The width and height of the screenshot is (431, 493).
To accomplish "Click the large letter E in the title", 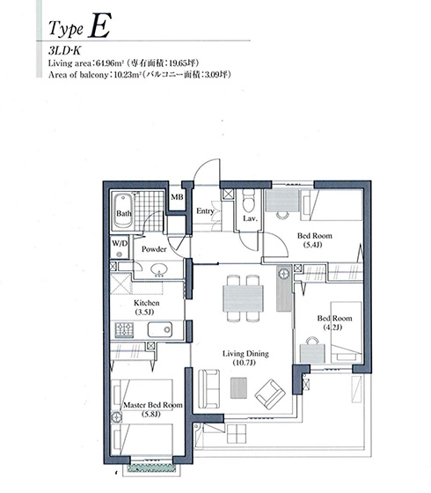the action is [x=99, y=26].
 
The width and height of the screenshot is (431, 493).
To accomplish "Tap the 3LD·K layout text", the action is [x=64, y=51].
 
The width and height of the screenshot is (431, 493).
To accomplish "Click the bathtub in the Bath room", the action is [x=123, y=210].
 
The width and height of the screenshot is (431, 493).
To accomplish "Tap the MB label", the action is [x=177, y=197].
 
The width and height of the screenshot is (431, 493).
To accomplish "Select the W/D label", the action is [x=120, y=243].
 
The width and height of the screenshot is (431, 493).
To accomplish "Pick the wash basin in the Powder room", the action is [x=158, y=269].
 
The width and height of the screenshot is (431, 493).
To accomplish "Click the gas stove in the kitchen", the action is [x=124, y=330].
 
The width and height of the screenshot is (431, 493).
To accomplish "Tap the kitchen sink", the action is [x=160, y=329].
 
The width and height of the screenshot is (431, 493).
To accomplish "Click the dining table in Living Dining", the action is [x=243, y=298].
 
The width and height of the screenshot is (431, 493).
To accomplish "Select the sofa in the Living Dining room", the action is [x=209, y=388].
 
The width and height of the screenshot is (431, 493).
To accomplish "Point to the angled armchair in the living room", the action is [x=270, y=394].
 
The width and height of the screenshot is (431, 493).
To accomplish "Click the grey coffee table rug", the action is [x=238, y=388].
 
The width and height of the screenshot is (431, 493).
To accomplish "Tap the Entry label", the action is [x=205, y=211].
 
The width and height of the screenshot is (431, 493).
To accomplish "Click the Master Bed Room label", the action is [x=153, y=405].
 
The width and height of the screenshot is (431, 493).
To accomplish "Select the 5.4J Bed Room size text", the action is [x=313, y=245].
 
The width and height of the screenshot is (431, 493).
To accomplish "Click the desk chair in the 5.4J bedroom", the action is [x=282, y=215].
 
